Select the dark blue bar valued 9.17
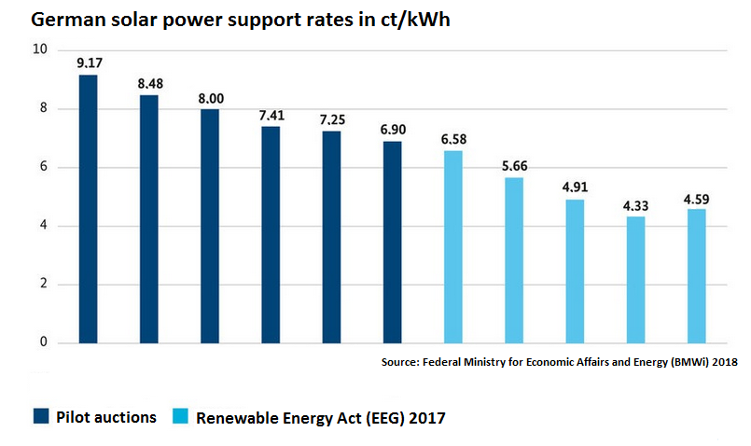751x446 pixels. coord(88,209)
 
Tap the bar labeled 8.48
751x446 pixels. coord(149,219)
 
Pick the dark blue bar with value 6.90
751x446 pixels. coord(393,243)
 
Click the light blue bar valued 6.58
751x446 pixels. coord(452,247)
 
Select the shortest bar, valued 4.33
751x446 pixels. coord(635,280)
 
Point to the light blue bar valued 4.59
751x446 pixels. coord(696,276)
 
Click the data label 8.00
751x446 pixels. coord(210,98)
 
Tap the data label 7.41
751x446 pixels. coord(271,116)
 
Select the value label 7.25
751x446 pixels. coord(332,120)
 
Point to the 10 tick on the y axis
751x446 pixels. coord(38,49)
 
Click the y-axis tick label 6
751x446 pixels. coord(43,167)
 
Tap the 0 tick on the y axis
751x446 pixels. coord(43,342)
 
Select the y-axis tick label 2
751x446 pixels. coord(43,285)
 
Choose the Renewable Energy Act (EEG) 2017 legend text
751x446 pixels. coord(321,418)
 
